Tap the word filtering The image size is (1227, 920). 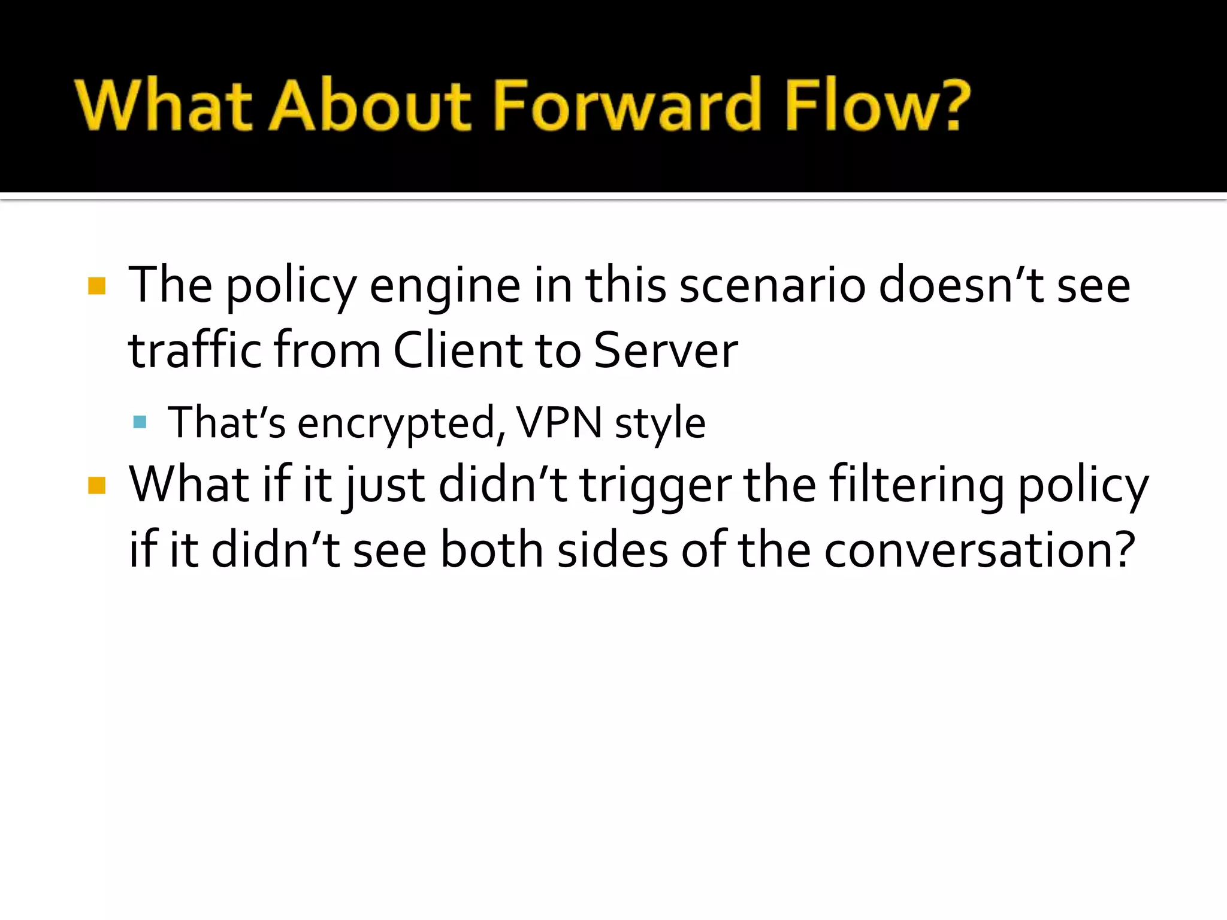pyautogui.click(x=917, y=485)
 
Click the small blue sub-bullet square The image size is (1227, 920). pyautogui.click(x=140, y=422)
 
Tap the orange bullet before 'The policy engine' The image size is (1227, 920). pyautogui.click(x=96, y=286)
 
